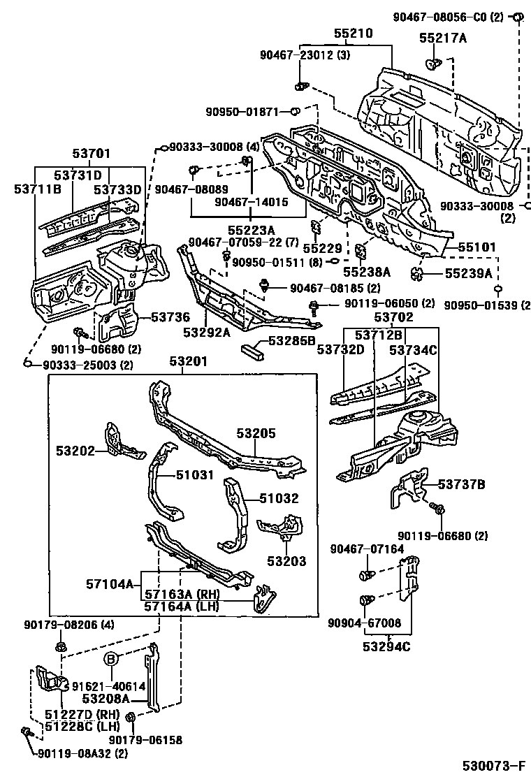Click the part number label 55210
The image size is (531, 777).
point(353,34)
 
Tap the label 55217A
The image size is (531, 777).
point(443,38)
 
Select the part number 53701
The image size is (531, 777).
point(91,154)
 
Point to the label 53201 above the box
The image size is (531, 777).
point(188,362)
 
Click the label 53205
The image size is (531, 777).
point(256,433)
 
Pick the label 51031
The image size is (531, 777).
point(195,474)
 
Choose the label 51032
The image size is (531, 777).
point(279,498)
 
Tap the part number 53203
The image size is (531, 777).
point(286,561)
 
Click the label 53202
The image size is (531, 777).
point(75,451)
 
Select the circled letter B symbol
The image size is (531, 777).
point(112,659)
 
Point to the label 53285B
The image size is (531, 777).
point(292,341)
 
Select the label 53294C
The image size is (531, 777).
point(386,646)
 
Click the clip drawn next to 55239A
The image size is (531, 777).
point(418,273)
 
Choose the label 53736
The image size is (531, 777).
point(170,317)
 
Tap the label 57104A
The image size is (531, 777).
point(110,583)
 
